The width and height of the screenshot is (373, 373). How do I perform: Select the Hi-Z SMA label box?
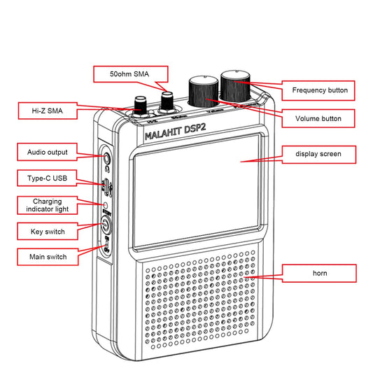[45, 109]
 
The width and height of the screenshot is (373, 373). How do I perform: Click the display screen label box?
[318, 153]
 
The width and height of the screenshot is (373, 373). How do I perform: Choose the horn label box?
[318, 273]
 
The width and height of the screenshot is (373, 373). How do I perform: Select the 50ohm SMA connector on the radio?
[167, 102]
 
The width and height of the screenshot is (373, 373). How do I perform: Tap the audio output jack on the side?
[106, 157]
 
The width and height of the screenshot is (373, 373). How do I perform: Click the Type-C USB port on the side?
[105, 185]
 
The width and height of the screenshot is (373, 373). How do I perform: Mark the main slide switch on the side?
[106, 246]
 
